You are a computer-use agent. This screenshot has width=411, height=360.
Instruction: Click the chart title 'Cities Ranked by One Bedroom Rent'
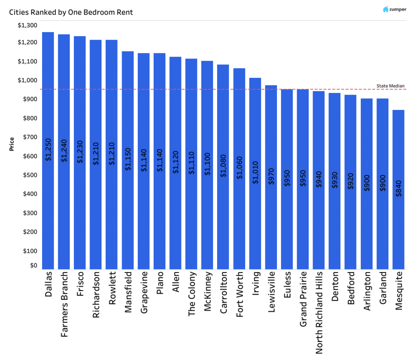(71, 12)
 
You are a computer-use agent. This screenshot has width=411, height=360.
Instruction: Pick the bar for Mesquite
(398, 224)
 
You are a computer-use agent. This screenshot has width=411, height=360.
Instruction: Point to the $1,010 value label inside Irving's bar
(255, 172)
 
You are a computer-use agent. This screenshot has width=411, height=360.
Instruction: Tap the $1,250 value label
(48, 150)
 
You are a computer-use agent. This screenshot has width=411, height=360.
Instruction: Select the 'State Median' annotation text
(391, 86)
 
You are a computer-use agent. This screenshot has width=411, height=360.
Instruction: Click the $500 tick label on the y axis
(31, 175)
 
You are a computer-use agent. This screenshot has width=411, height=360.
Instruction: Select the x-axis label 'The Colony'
(192, 294)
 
